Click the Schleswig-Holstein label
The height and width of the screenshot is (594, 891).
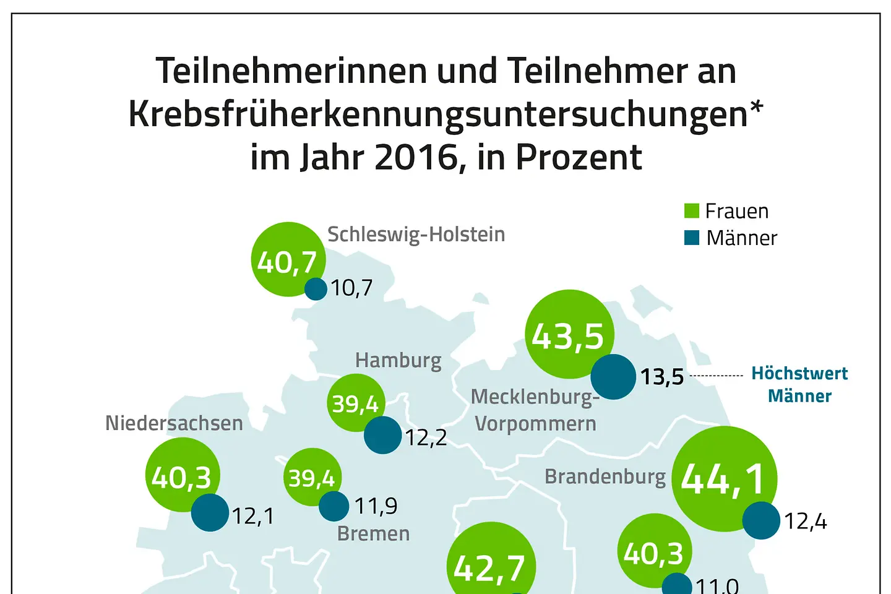(x=416, y=235)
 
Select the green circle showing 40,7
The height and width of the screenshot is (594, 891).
(x=288, y=259)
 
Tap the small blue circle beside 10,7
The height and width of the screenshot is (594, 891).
(x=316, y=289)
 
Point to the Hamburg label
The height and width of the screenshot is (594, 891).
(x=398, y=360)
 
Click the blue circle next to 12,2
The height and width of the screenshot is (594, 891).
(x=382, y=435)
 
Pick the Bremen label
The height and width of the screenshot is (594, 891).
(x=373, y=533)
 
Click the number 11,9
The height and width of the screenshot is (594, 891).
(x=376, y=506)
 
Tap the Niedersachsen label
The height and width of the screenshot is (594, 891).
(x=174, y=423)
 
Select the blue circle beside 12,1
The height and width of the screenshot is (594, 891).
(x=210, y=512)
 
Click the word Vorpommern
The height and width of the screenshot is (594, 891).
(x=535, y=424)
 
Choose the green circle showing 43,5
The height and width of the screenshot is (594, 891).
(x=569, y=334)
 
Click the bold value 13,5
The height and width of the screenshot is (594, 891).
(x=661, y=376)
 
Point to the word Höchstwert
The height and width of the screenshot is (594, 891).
(x=799, y=374)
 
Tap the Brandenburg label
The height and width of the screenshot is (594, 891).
(x=605, y=476)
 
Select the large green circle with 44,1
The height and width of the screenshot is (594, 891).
(x=724, y=478)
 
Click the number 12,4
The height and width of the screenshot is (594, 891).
(x=805, y=522)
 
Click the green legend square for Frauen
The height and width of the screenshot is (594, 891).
(x=691, y=211)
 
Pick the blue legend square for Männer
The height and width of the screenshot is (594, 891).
(x=691, y=238)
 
